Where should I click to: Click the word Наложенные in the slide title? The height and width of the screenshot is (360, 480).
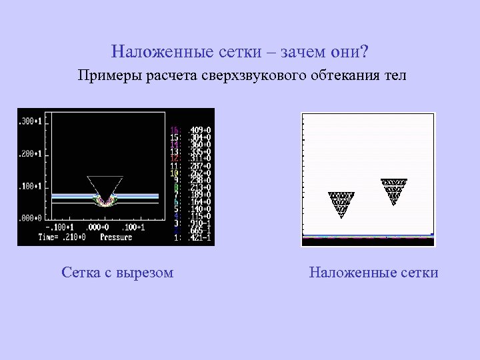pos(152,51)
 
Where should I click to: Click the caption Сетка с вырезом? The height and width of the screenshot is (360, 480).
pos(117,272)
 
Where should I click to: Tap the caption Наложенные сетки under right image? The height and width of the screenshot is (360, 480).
pos(374,272)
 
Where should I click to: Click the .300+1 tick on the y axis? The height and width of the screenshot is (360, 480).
pos(29,121)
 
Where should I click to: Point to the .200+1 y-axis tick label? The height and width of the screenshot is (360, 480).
pos(29,153)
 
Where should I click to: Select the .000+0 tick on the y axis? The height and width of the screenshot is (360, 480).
pos(29,217)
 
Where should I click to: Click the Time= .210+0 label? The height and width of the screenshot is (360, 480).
pos(62,236)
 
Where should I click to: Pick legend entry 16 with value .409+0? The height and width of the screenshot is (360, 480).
pos(191,129)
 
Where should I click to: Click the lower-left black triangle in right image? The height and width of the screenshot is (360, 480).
pos(341,203)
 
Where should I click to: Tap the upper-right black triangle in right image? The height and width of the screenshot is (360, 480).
pos(394,189)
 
